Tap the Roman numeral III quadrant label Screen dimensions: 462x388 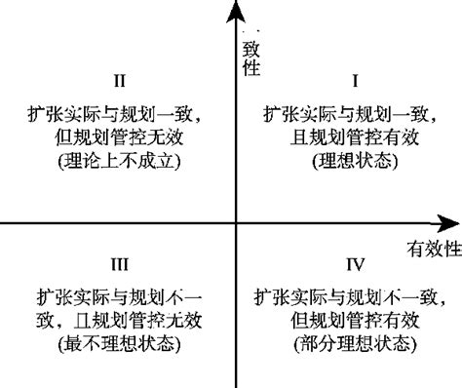(118, 263)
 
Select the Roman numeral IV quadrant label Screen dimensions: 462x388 (355, 263)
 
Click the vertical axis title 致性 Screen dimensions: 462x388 (250, 57)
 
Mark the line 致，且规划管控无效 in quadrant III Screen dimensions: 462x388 (118, 320)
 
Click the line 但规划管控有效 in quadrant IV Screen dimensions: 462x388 (355, 320)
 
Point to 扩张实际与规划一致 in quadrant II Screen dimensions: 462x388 (118, 113)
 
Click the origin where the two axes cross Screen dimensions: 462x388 (235, 223)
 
